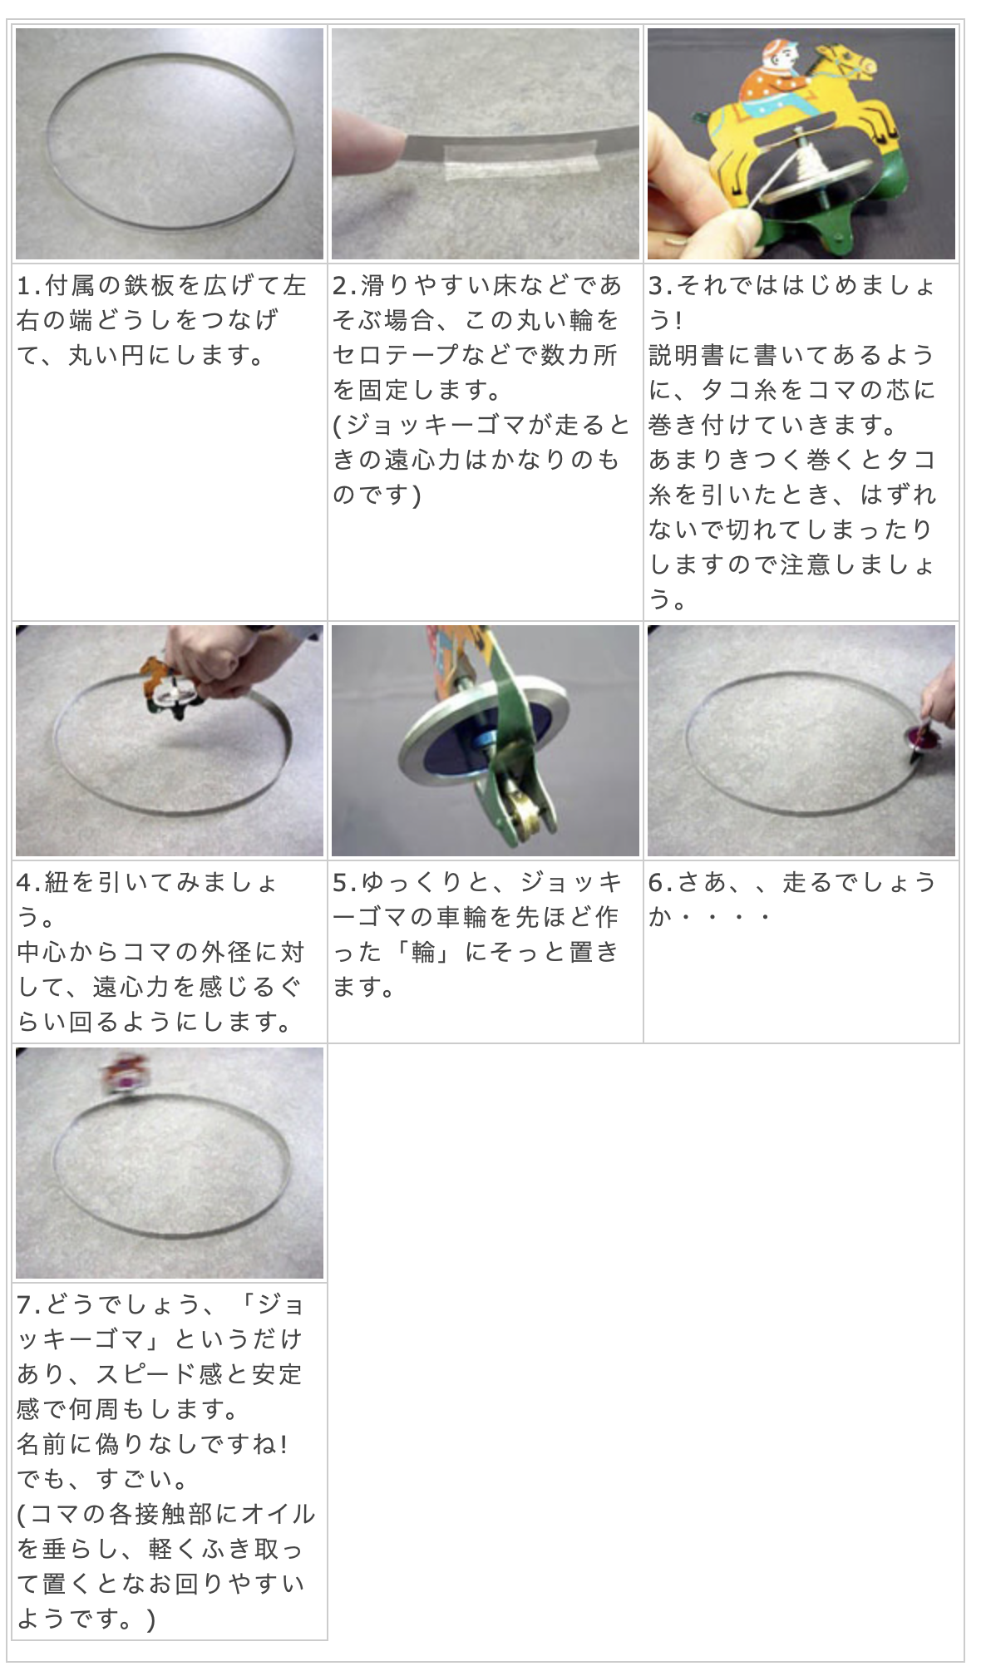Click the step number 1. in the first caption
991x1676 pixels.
coord(29,285)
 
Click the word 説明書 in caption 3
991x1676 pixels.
coord(688,355)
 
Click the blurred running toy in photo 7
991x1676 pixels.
coord(122,1073)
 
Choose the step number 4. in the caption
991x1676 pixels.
coord(29,882)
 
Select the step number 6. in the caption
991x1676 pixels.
coord(661,882)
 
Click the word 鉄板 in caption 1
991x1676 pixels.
coord(150,285)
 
